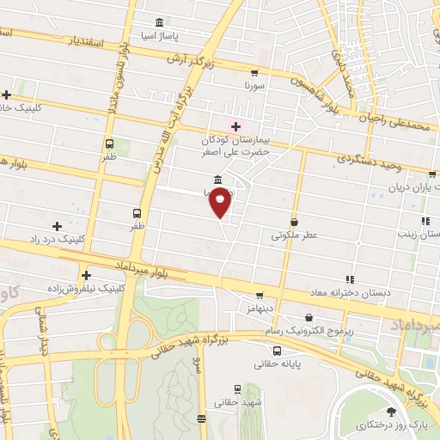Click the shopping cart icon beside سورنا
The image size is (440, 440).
coord(254,73)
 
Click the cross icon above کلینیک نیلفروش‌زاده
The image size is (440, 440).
coord(86,275)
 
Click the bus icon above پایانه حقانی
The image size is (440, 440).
coord(277,351)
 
